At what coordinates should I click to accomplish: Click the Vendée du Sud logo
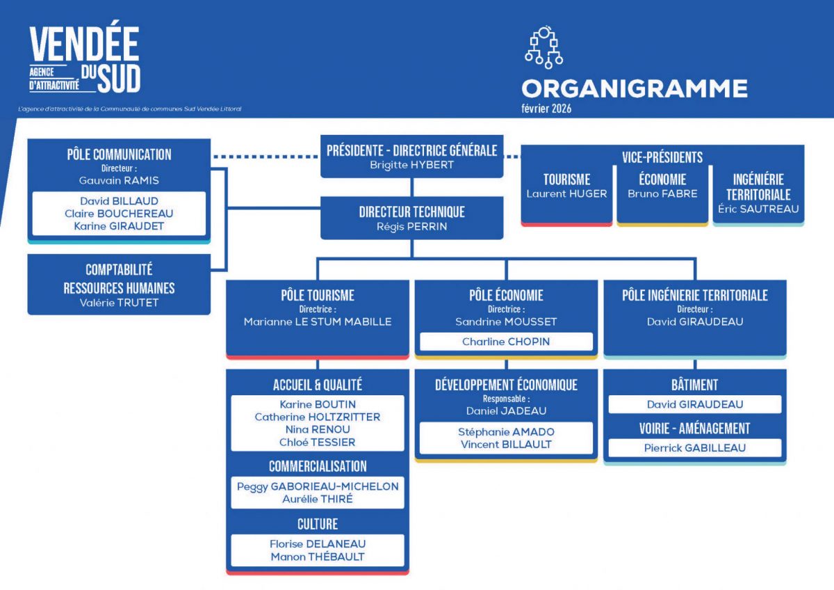point(84,60)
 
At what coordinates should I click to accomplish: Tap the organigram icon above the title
point(543,47)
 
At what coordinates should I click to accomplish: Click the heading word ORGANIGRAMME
point(635,88)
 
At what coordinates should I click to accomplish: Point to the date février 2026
point(546,109)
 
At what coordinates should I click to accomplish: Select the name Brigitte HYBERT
point(411,165)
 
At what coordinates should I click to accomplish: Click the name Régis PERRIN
point(411,226)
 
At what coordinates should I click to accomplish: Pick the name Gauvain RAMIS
point(119,180)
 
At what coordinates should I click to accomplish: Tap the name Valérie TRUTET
point(119,302)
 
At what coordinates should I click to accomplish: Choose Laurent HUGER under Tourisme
point(566,193)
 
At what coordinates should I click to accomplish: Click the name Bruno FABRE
point(662,193)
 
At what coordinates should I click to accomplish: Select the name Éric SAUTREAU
point(758,208)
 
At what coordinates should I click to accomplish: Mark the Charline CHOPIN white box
point(506,342)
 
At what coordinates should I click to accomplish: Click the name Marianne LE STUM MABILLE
point(318,321)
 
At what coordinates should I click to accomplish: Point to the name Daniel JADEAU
point(506,410)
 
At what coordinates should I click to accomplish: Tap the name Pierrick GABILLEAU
point(695,447)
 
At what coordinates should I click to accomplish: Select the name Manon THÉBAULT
point(318,556)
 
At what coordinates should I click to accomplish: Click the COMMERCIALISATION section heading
point(318,466)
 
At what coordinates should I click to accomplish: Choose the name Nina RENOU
point(318,429)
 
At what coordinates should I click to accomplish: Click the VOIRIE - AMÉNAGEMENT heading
point(695,428)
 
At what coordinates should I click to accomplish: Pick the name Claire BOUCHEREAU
point(119,213)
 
